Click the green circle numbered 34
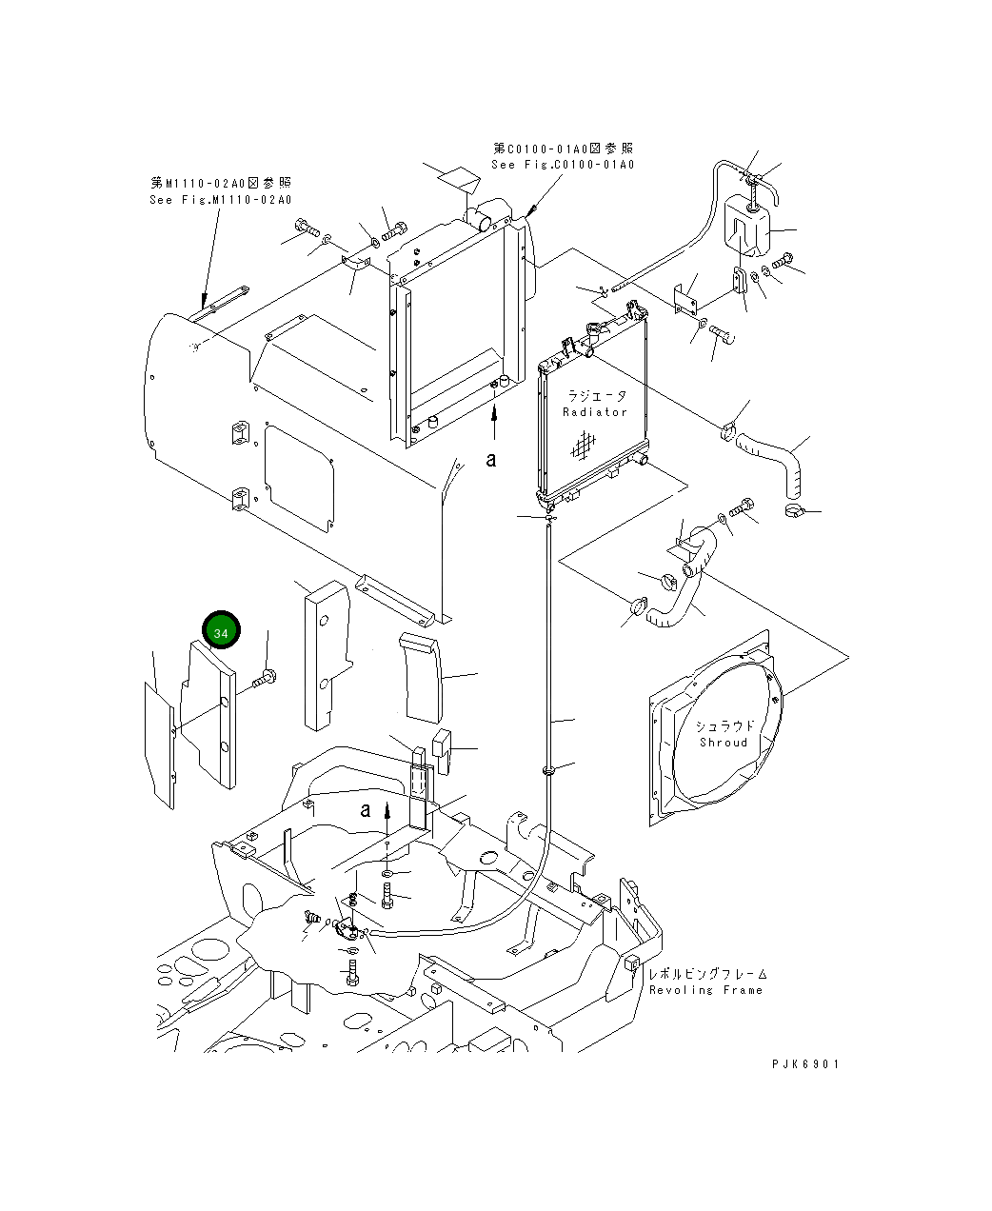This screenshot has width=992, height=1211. [x=221, y=631]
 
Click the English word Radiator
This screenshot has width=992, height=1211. [x=595, y=412]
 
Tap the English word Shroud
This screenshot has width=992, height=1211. [x=723, y=743]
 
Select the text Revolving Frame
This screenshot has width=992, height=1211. [x=705, y=990]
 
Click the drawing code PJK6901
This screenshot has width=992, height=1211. [x=805, y=1065]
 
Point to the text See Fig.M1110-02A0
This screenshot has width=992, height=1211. [x=220, y=200]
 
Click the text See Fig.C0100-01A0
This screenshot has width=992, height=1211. [x=562, y=165]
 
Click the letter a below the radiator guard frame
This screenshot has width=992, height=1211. [x=491, y=460]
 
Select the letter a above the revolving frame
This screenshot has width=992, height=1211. [x=365, y=810]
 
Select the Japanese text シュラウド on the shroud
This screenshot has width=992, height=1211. [x=724, y=726]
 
